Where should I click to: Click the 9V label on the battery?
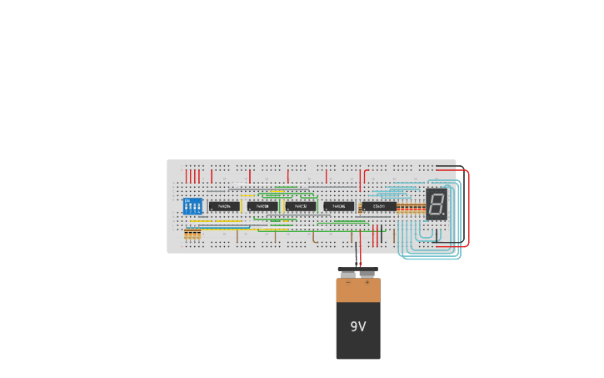click(x=357, y=327)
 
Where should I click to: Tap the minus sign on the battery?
click(x=348, y=283)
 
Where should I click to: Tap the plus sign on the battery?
click(x=367, y=283)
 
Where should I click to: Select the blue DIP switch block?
click(x=192, y=205)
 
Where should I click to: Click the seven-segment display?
click(x=437, y=204)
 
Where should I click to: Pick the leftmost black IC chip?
click(x=224, y=206)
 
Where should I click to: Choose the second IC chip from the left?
click(x=262, y=206)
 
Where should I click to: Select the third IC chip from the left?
click(x=301, y=206)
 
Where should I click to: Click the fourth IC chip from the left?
click(x=339, y=206)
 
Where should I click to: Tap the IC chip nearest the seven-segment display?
click(x=379, y=206)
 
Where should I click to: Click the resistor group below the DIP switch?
click(x=192, y=235)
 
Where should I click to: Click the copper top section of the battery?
click(x=358, y=290)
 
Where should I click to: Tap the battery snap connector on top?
click(x=358, y=271)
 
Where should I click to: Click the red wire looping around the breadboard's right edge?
click(x=468, y=209)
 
